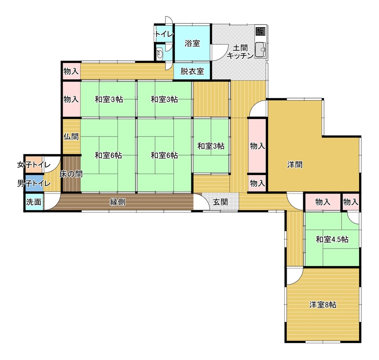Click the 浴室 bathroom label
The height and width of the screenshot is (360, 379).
[x=192, y=44]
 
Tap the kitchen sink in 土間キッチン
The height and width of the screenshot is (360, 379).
[x=260, y=50]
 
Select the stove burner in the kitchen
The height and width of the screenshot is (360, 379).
[x=260, y=31]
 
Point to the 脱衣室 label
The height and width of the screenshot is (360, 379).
[x=192, y=71]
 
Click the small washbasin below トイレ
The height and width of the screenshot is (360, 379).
[x=160, y=54]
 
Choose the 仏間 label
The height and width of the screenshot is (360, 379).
[x=71, y=137]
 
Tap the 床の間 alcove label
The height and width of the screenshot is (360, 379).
[x=71, y=174]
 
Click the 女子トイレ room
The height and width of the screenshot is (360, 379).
[x=34, y=165]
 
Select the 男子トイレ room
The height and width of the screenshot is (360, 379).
[x=34, y=184]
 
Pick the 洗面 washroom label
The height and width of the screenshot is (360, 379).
[x=34, y=202]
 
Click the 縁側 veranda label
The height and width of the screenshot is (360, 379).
[x=117, y=202]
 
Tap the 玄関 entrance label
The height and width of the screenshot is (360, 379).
[x=220, y=202]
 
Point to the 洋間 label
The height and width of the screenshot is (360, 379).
[x=295, y=165]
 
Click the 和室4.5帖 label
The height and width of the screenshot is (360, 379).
[x=333, y=240]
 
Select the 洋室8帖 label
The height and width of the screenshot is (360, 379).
[x=323, y=305]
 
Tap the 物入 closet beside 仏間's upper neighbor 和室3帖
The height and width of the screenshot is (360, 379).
[x=71, y=99]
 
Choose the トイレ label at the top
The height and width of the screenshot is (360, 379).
[x=164, y=34]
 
